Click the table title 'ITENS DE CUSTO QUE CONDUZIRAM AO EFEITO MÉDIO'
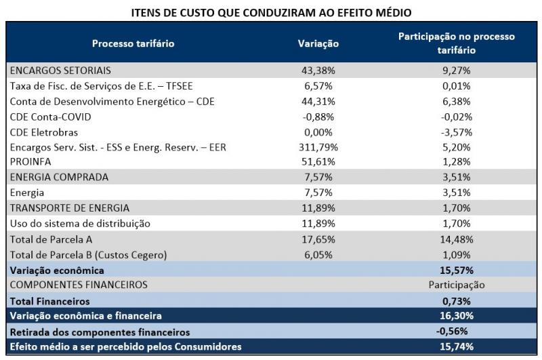(271, 12)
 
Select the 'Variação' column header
(318, 43)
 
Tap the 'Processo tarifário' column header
(133, 43)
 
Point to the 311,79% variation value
(318, 146)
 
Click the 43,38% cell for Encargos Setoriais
(318, 70)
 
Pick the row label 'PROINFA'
(31, 161)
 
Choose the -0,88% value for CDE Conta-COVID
(318, 116)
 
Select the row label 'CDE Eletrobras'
(44, 132)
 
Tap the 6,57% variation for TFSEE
(318, 85)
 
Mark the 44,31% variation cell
(318, 101)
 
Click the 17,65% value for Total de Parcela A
(318, 239)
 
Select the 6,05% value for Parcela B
(318, 254)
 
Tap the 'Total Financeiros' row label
(50, 300)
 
